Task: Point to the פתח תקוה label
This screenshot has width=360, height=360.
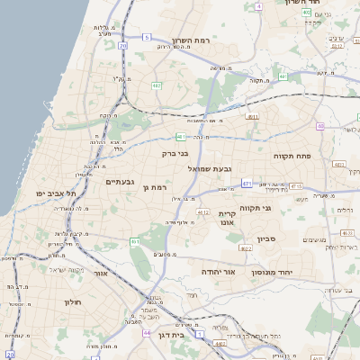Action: [x=292, y=156]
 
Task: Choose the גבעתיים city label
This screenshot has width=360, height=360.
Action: [x=120, y=182]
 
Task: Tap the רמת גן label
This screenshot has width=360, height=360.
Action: [x=156, y=187]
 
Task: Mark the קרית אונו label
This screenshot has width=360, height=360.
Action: [x=227, y=219]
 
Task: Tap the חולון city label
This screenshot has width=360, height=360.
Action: [x=73, y=302]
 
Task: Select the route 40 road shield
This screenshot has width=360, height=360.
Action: [x=321, y=127]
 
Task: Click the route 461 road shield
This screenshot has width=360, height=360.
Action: [x=135, y=241]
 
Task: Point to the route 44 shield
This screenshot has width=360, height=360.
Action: [x=147, y=332]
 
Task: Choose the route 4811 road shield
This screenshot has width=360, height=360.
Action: [x=252, y=116]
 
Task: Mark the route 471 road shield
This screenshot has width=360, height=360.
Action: [x=247, y=183]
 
